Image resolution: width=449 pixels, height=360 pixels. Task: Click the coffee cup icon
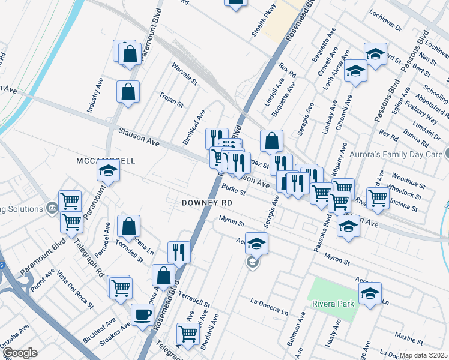(x=142, y=314)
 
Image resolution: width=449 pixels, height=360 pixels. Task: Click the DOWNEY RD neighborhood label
(x=207, y=203)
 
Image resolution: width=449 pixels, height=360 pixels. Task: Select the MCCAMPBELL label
(x=106, y=161)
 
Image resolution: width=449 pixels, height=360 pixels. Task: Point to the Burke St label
(x=234, y=190)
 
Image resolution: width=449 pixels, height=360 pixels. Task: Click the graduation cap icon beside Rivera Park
(x=370, y=293)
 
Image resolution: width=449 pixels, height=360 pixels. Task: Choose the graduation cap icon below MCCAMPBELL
(x=108, y=172)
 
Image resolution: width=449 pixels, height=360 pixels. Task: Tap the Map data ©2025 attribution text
(x=423, y=355)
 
